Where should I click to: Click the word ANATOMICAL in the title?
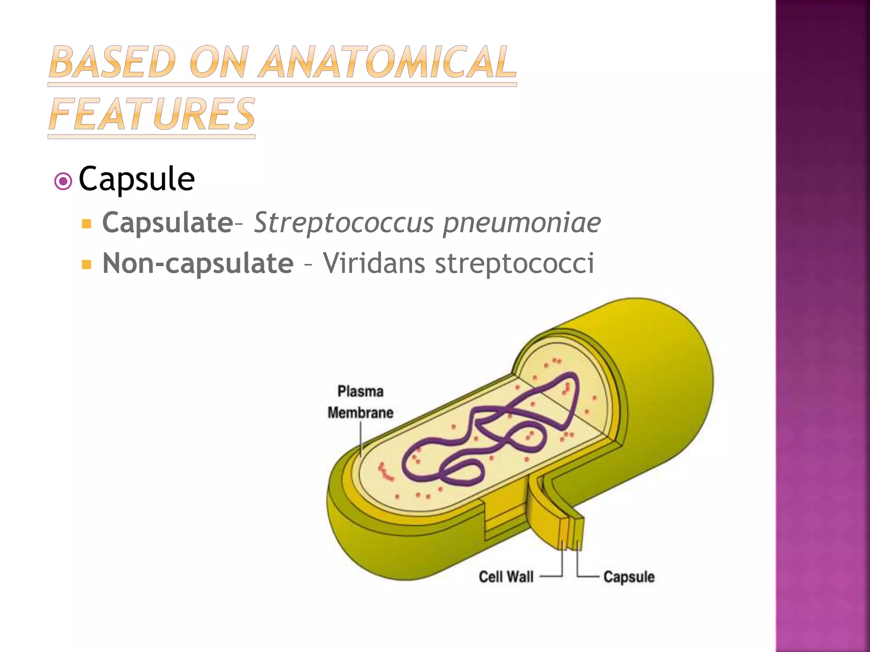tap(388, 62)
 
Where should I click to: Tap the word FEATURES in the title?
tap(152, 114)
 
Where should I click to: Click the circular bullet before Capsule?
tap(63, 182)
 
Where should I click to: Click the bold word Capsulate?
tap(167, 222)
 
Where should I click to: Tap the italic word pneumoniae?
tap(522, 222)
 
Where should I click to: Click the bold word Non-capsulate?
tap(198, 263)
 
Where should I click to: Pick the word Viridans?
tap(374, 263)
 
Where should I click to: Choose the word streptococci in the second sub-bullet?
tap(514, 263)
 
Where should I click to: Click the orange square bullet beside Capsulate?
tap(87, 224)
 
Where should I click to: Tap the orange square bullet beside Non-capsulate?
tap(87, 265)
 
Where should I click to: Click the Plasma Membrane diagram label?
tap(360, 402)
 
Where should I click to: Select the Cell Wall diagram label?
tap(506, 577)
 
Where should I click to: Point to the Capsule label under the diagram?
tap(629, 577)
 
